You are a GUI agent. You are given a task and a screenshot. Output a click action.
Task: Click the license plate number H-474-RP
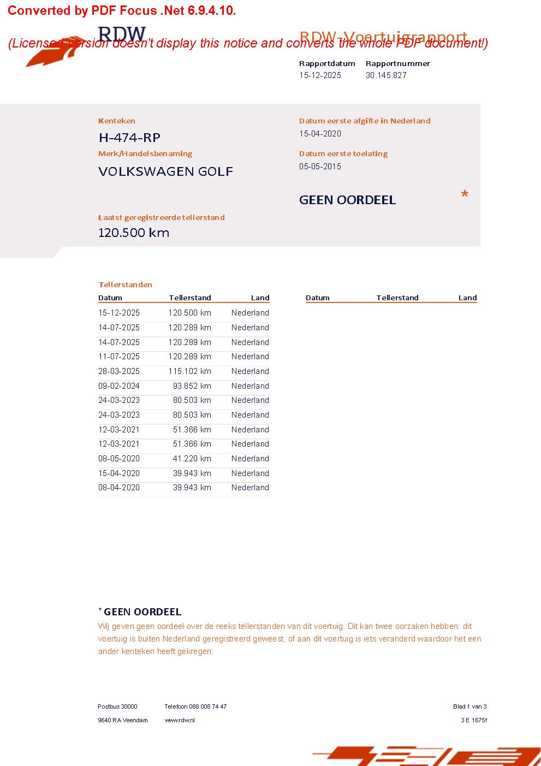pos(129,137)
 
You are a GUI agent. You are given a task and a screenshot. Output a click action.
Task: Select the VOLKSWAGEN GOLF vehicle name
pos(165,171)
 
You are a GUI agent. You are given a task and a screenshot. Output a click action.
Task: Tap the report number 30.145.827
pos(386,75)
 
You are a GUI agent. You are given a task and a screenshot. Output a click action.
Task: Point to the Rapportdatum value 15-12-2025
pos(320,75)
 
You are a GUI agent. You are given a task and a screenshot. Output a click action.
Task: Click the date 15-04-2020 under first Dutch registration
pos(320,134)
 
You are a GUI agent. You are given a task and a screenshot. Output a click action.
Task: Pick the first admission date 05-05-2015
pos(320,167)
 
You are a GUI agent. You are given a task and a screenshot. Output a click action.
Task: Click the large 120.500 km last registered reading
pos(134,233)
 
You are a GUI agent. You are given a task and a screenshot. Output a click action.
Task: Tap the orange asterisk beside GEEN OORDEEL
pos(465,194)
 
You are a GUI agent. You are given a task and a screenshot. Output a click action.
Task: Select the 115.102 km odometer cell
pos(189,371)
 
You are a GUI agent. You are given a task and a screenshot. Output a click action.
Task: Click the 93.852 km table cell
pos(192,386)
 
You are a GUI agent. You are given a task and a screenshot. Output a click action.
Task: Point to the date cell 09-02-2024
pos(119,386)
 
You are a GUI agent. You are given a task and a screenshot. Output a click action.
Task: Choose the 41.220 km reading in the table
pos(192,459)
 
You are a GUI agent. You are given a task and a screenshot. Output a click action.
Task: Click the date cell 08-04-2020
pos(119,488)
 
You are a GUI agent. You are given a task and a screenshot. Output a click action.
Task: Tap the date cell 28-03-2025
pos(119,371)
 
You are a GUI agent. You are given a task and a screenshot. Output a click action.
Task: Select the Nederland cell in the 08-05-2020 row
pos(250,459)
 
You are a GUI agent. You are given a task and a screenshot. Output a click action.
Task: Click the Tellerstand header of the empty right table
pos(397,298)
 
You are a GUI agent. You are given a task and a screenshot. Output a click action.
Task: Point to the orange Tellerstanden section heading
pos(125,284)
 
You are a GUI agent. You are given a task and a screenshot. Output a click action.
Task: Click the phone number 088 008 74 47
pos(207,706)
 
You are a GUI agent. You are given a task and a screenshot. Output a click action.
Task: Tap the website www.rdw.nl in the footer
pos(180,720)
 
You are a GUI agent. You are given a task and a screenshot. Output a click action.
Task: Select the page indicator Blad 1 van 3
pos(469,706)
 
